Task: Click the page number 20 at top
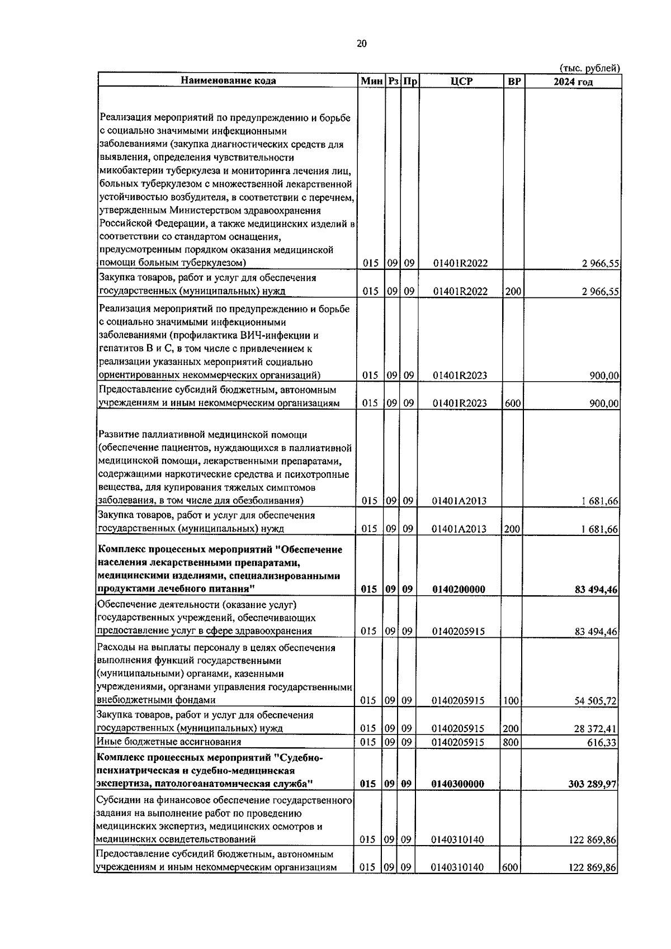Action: [x=361, y=44]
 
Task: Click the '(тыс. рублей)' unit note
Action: [x=590, y=68]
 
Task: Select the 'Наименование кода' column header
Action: [x=228, y=81]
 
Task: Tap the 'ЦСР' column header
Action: [x=461, y=81]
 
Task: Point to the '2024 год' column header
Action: [x=573, y=82]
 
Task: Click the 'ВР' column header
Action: [x=514, y=82]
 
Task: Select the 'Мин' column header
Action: [x=371, y=82]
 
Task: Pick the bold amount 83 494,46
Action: [x=596, y=590]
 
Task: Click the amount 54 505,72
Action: [x=597, y=701]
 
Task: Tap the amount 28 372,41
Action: [x=597, y=729]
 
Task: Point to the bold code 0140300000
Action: [x=458, y=784]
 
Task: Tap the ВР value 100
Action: [x=511, y=701]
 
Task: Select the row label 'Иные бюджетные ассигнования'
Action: [x=169, y=742]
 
